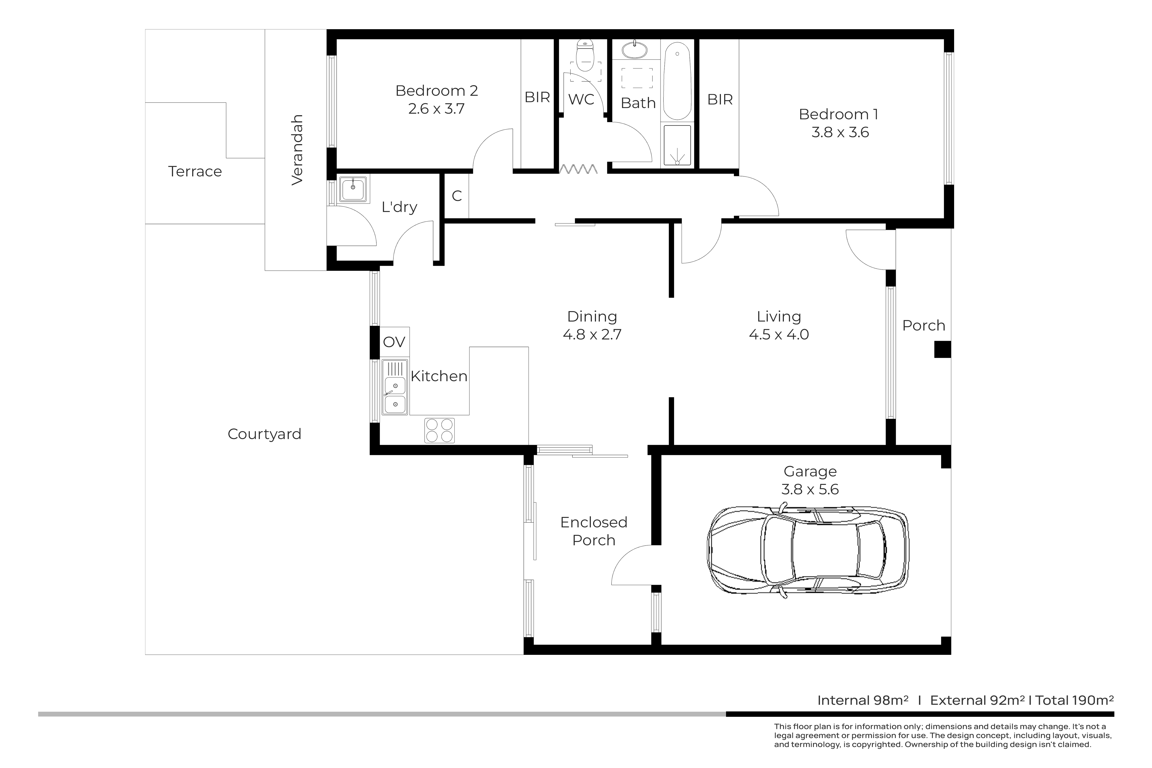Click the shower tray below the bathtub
point(677,145)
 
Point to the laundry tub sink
point(353,189)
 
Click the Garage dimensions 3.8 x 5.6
point(810,489)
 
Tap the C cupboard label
point(457,196)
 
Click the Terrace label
point(195,172)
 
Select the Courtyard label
point(264,434)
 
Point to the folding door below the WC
point(579,169)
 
